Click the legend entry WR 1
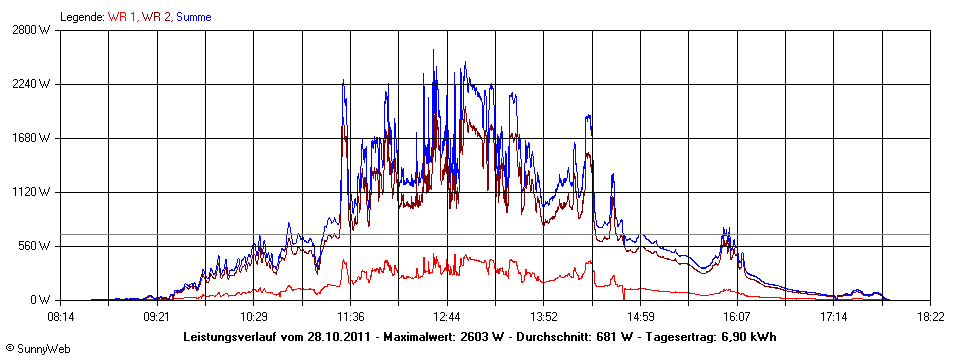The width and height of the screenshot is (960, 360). [x=122, y=17]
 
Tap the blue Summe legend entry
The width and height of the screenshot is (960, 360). [x=194, y=17]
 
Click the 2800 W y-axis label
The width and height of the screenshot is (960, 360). [x=30, y=30]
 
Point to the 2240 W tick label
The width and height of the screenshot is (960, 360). [x=30, y=84]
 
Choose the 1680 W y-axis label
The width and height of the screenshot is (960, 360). [x=30, y=138]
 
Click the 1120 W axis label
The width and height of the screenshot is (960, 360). [x=30, y=192]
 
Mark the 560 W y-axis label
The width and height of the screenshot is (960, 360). [x=33, y=246]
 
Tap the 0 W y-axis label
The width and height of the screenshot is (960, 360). [x=40, y=300]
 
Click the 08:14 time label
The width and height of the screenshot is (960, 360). [x=61, y=317]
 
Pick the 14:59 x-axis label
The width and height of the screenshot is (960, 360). [x=641, y=317]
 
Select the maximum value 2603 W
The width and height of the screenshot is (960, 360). [x=483, y=336]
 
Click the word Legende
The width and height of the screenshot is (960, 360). [x=82, y=17]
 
